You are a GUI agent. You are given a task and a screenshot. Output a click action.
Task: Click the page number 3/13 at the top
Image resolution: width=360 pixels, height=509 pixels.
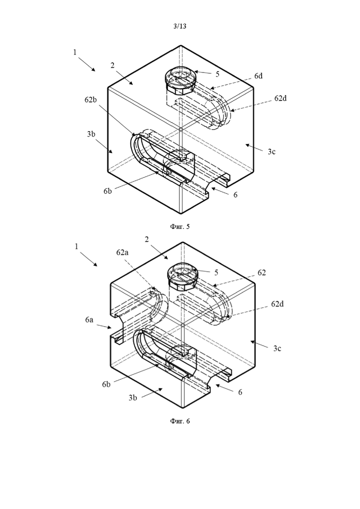click(180, 26)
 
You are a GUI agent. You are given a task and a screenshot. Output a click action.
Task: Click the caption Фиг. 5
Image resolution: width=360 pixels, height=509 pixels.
click(180, 227)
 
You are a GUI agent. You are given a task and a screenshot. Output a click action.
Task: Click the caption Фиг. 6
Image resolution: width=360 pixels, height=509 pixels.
click(180, 421)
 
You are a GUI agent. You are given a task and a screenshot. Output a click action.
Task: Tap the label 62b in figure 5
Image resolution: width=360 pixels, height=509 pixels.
click(90, 100)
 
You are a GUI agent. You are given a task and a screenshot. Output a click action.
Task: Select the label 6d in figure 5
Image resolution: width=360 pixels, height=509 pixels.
click(258, 76)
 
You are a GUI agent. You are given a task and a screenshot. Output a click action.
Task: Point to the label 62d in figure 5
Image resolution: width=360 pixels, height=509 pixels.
click(281, 98)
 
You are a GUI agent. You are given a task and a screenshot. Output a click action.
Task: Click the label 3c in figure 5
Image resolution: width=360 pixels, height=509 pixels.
click(272, 151)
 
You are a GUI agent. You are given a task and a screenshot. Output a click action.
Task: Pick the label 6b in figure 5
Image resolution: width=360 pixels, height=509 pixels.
click(108, 191)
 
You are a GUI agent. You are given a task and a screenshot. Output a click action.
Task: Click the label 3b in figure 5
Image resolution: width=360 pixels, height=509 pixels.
click(91, 134)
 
